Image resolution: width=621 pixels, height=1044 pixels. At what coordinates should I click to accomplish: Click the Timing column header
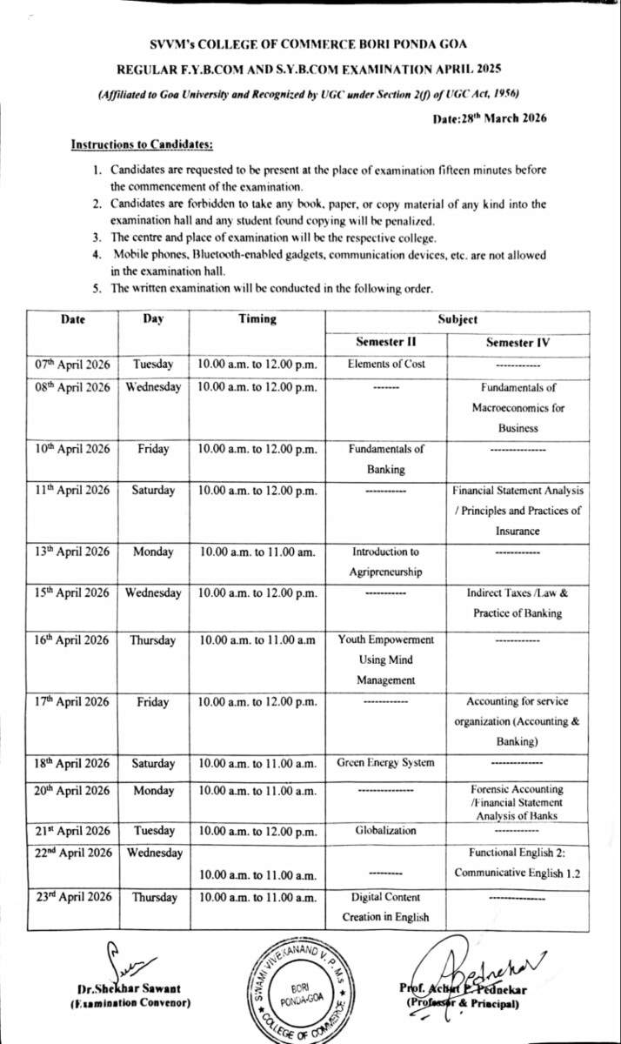pyautogui.click(x=257, y=319)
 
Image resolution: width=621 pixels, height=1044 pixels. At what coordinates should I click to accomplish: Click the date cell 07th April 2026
pyautogui.click(x=72, y=365)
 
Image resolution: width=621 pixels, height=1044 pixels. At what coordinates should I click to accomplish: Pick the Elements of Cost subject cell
pyautogui.click(x=386, y=365)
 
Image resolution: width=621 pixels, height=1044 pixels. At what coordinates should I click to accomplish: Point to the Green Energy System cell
pyautogui.click(x=385, y=763)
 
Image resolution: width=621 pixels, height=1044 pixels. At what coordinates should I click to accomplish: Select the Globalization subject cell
pyautogui.click(x=385, y=831)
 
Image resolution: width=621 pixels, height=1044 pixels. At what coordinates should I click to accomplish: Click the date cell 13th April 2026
pyautogui.click(x=72, y=552)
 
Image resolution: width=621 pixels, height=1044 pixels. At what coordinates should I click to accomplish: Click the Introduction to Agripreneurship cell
pyautogui.click(x=385, y=562)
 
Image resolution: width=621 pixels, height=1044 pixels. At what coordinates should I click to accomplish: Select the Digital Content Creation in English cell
pyautogui.click(x=385, y=907)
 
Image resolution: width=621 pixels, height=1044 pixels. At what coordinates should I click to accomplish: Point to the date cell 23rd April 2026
pyautogui.click(x=72, y=897)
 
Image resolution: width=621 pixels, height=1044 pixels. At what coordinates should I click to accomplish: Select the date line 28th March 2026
pyautogui.click(x=489, y=118)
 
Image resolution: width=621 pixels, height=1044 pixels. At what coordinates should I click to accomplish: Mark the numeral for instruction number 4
pyautogui.click(x=97, y=255)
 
